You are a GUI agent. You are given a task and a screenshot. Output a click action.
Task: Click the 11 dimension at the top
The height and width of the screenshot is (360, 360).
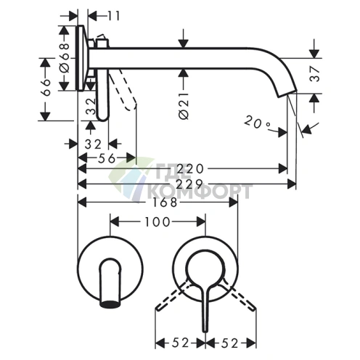113,17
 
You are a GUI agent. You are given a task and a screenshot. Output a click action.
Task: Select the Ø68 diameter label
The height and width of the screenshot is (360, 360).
65,58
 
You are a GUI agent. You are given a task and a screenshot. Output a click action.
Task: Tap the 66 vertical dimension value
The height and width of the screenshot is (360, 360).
46,88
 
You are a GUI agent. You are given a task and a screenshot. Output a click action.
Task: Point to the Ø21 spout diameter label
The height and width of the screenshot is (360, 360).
184,106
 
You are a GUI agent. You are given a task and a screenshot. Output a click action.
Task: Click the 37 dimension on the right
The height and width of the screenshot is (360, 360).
315,75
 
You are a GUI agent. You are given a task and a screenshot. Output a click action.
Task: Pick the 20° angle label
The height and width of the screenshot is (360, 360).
257,123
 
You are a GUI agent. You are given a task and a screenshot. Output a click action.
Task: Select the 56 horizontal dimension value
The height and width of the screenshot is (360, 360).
107,158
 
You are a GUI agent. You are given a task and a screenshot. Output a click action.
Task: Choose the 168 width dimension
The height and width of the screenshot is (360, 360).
165,202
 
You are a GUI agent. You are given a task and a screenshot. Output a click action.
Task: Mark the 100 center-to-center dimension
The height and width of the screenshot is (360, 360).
157,222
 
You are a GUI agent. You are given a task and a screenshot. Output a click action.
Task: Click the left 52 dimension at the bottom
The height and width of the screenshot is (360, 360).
180,343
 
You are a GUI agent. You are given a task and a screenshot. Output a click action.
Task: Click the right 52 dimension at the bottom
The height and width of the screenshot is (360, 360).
229,343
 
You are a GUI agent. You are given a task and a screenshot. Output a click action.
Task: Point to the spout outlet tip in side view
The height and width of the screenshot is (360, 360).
287,94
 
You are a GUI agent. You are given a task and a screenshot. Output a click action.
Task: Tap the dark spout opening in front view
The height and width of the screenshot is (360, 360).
110,303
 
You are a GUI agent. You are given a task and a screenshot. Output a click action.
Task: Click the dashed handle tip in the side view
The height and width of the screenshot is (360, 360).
131,107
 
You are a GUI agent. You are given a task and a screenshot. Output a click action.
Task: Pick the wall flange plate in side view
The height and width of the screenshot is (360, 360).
81,58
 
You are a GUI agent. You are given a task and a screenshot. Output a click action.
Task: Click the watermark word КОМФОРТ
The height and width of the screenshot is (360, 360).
200,191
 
